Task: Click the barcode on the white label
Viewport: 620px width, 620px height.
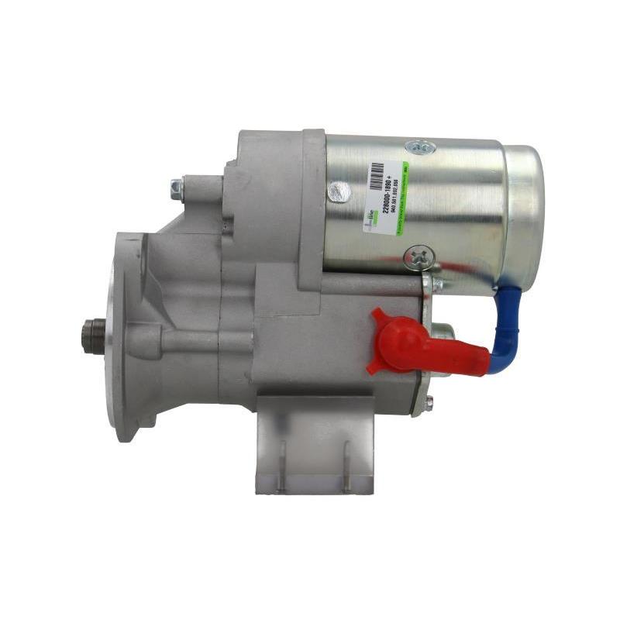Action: (x=377, y=178)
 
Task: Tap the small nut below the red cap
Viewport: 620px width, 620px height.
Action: (x=429, y=401)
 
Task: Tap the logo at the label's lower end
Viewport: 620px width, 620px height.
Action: (x=370, y=220)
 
